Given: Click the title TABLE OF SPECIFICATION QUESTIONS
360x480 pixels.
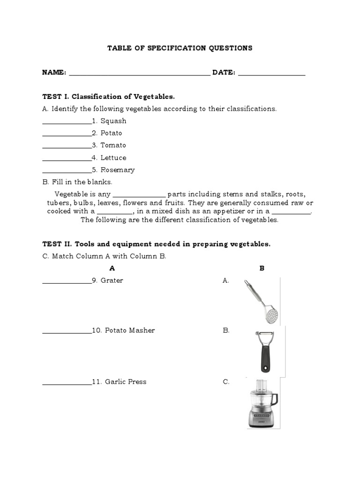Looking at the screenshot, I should [180, 48].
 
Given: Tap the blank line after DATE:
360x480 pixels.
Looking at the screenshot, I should [271, 74].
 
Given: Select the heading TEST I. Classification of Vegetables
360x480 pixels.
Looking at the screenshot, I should [108, 97].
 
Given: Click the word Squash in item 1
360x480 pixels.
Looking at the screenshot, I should [113, 121].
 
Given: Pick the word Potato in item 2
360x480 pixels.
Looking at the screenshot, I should [111, 133].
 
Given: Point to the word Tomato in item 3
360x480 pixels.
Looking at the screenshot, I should [113, 145].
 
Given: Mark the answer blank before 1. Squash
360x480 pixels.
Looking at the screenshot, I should [67, 122].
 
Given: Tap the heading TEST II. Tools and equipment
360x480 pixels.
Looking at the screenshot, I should [156, 244].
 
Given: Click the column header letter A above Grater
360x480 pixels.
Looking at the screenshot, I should [112, 269].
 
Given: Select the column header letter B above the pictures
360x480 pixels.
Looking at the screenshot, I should [262, 269].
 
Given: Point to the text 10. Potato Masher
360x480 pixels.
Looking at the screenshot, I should [123, 330].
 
